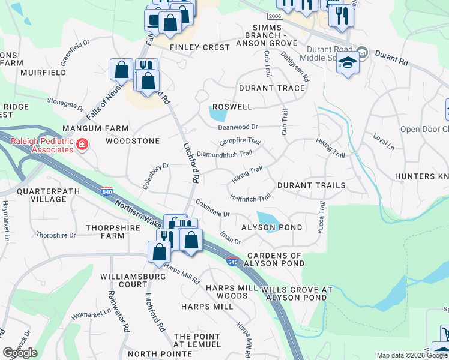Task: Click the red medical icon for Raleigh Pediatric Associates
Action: (82, 145)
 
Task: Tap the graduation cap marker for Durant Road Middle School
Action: (348, 62)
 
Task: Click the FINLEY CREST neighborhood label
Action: (200, 47)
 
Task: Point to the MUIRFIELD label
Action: (43, 73)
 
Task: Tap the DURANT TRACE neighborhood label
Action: (271, 88)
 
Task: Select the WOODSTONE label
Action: (133, 141)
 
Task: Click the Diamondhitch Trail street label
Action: (224, 154)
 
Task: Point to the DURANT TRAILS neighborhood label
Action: (311, 185)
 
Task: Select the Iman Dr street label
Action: (230, 237)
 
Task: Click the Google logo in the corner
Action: (20, 353)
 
